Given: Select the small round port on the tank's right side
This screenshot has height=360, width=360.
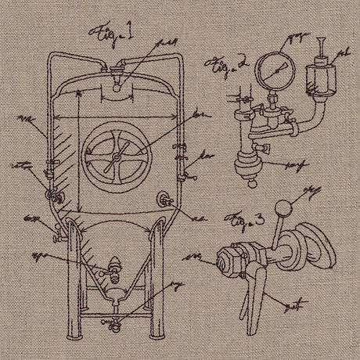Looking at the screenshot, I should (x=164, y=200).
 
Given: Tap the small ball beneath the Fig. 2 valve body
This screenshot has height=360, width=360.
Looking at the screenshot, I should (x=250, y=183).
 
